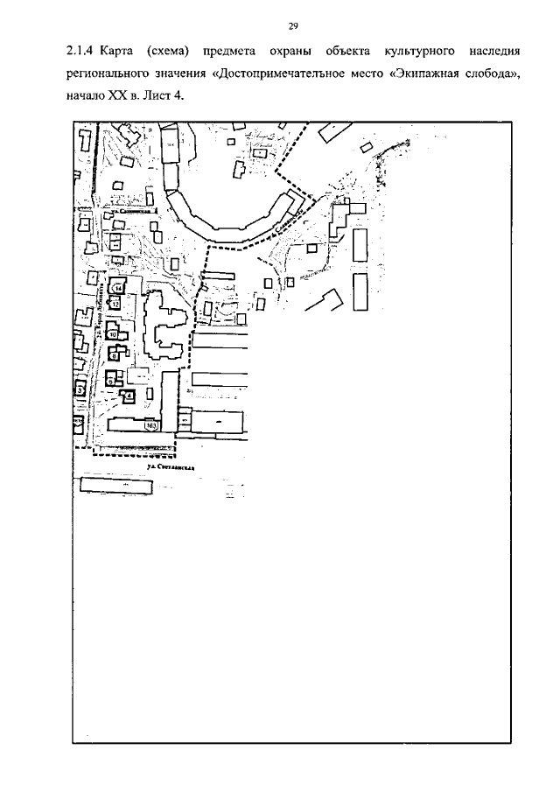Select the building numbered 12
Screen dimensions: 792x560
115,305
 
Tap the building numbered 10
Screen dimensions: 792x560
113,335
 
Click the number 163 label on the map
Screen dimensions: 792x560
152,426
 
